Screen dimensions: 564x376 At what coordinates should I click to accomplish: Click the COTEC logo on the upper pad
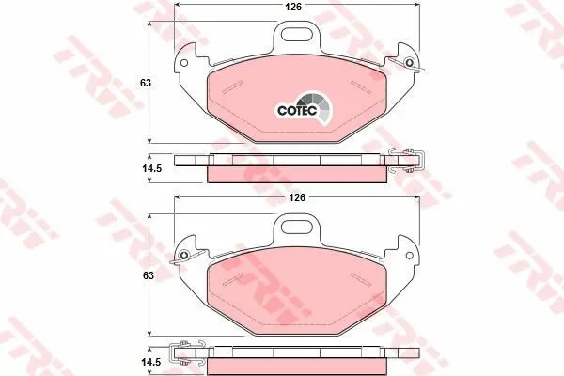(304, 109)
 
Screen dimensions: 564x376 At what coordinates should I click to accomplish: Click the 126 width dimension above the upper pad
(293, 7)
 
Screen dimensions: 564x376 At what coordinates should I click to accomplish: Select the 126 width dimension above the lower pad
(297, 197)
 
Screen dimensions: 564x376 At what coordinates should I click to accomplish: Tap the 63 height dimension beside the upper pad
(146, 83)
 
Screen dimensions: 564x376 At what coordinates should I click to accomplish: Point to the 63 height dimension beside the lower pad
(148, 275)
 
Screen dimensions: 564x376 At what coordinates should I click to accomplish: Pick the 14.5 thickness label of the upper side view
(151, 168)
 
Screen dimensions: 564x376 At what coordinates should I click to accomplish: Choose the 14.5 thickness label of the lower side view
(150, 362)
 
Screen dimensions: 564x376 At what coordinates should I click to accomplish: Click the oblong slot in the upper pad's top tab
(297, 34)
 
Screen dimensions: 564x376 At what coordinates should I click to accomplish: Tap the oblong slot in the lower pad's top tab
(297, 227)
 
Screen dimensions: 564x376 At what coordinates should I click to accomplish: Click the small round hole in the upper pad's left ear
(184, 63)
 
